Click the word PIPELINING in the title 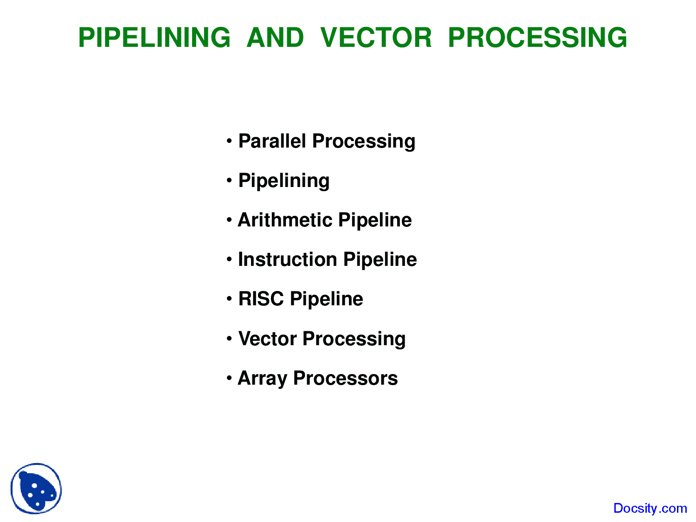coord(154,38)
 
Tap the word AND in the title coord(275,38)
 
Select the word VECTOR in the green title coord(376,38)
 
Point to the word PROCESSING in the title coord(537,38)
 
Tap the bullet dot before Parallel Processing coord(229,141)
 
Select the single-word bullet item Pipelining coord(284,181)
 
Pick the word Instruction coord(287,259)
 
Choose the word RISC coord(260,299)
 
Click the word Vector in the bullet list coord(267,339)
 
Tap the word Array coord(262,379)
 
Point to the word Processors coord(345,378)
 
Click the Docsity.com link coord(650,508)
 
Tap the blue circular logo coord(36,488)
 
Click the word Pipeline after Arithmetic coord(375,220)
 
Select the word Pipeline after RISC coord(326,299)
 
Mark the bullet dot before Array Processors coord(229,378)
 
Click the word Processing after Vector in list coord(354,339)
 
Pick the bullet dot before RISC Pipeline coord(229,298)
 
